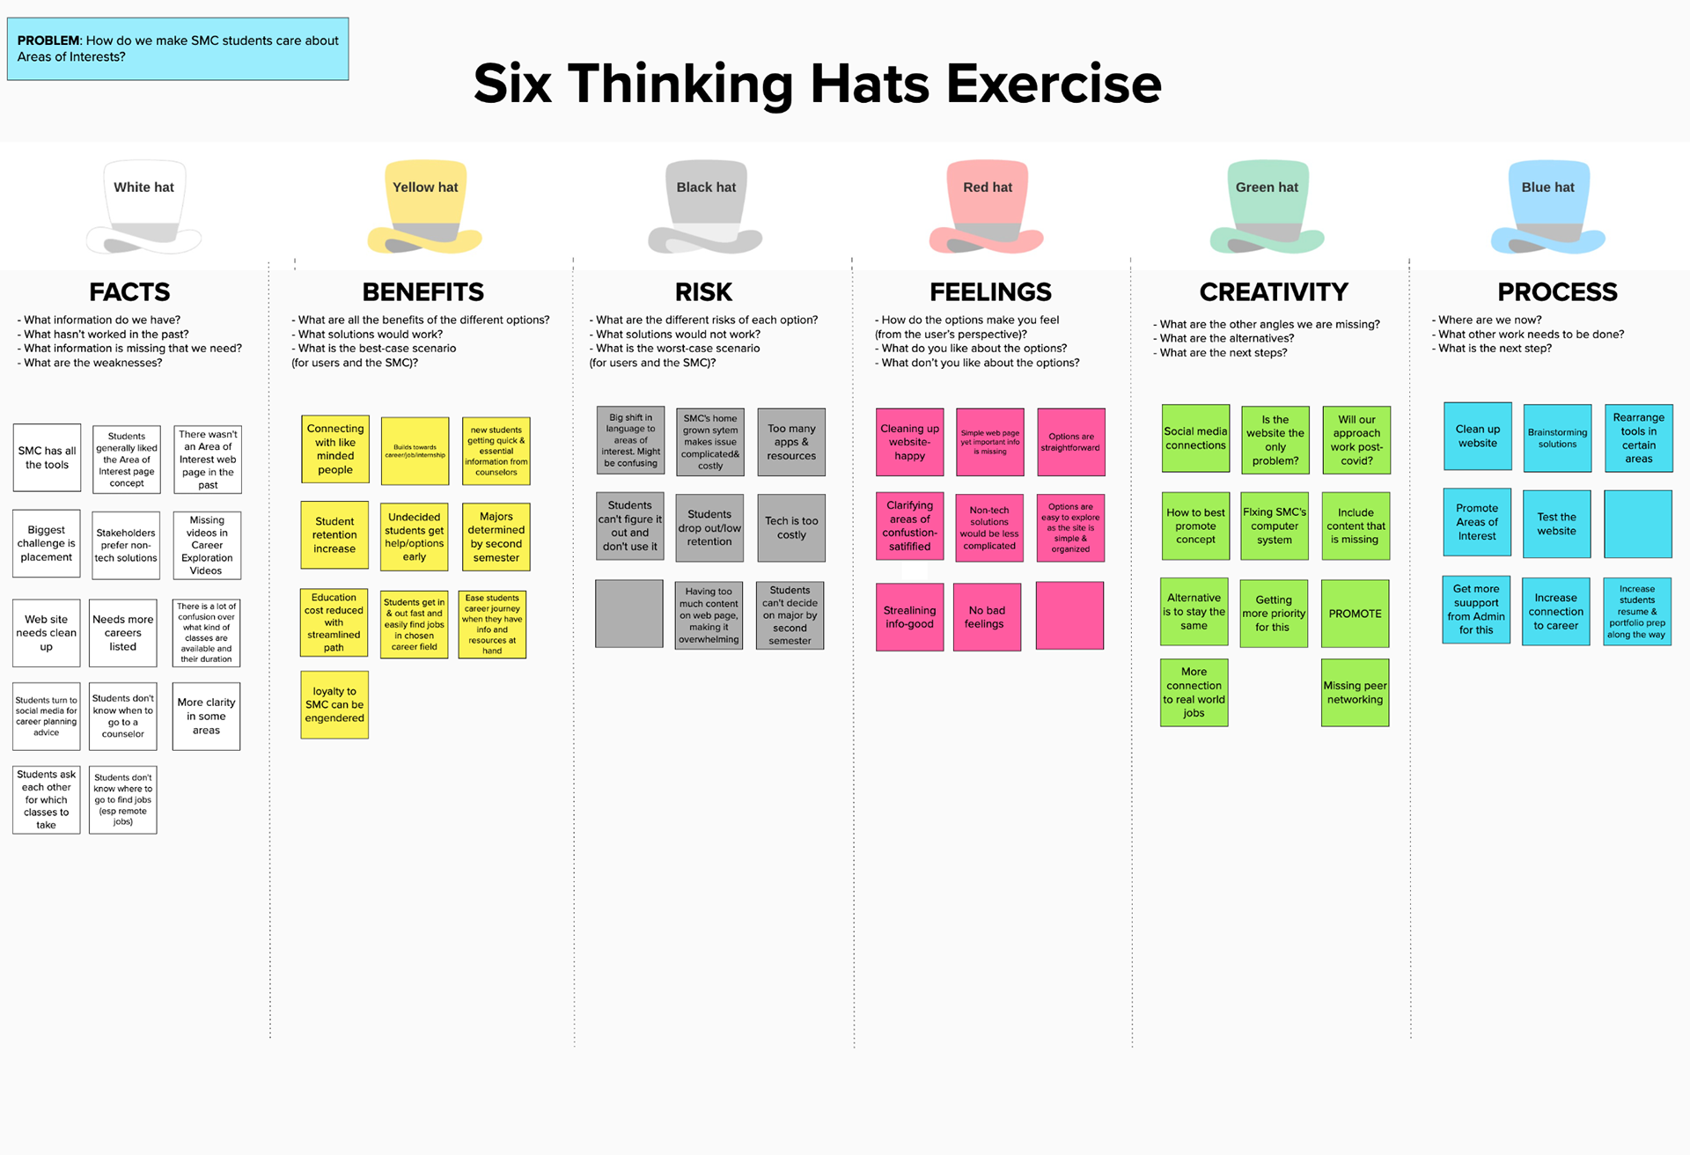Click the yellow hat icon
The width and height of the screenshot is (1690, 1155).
point(425,207)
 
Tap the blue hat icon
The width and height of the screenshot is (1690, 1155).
point(1548,207)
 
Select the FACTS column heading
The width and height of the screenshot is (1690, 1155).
point(129,291)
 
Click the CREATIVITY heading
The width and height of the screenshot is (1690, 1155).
point(1274,291)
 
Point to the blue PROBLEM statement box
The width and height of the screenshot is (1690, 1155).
point(178,49)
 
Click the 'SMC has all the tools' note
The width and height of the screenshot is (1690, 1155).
point(47,458)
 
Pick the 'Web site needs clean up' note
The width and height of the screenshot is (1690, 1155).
point(47,633)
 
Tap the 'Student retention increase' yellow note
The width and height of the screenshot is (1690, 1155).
point(334,535)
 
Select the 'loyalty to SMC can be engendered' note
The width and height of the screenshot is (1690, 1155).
point(334,704)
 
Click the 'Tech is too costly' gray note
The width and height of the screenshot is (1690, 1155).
point(791,528)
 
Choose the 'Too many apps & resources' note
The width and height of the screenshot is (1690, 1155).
point(791,442)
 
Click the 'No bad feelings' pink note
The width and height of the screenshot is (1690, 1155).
point(987,617)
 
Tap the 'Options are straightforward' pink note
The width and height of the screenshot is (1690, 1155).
point(1070,442)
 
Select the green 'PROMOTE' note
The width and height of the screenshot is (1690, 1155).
point(1355,614)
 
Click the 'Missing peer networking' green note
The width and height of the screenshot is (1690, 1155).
point(1355,693)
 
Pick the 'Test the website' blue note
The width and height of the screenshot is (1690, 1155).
point(1556,524)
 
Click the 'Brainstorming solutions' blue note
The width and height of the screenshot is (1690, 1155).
point(1557,438)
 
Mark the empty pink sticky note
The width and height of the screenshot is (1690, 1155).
point(1069,615)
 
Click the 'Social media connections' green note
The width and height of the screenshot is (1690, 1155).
point(1195,438)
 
